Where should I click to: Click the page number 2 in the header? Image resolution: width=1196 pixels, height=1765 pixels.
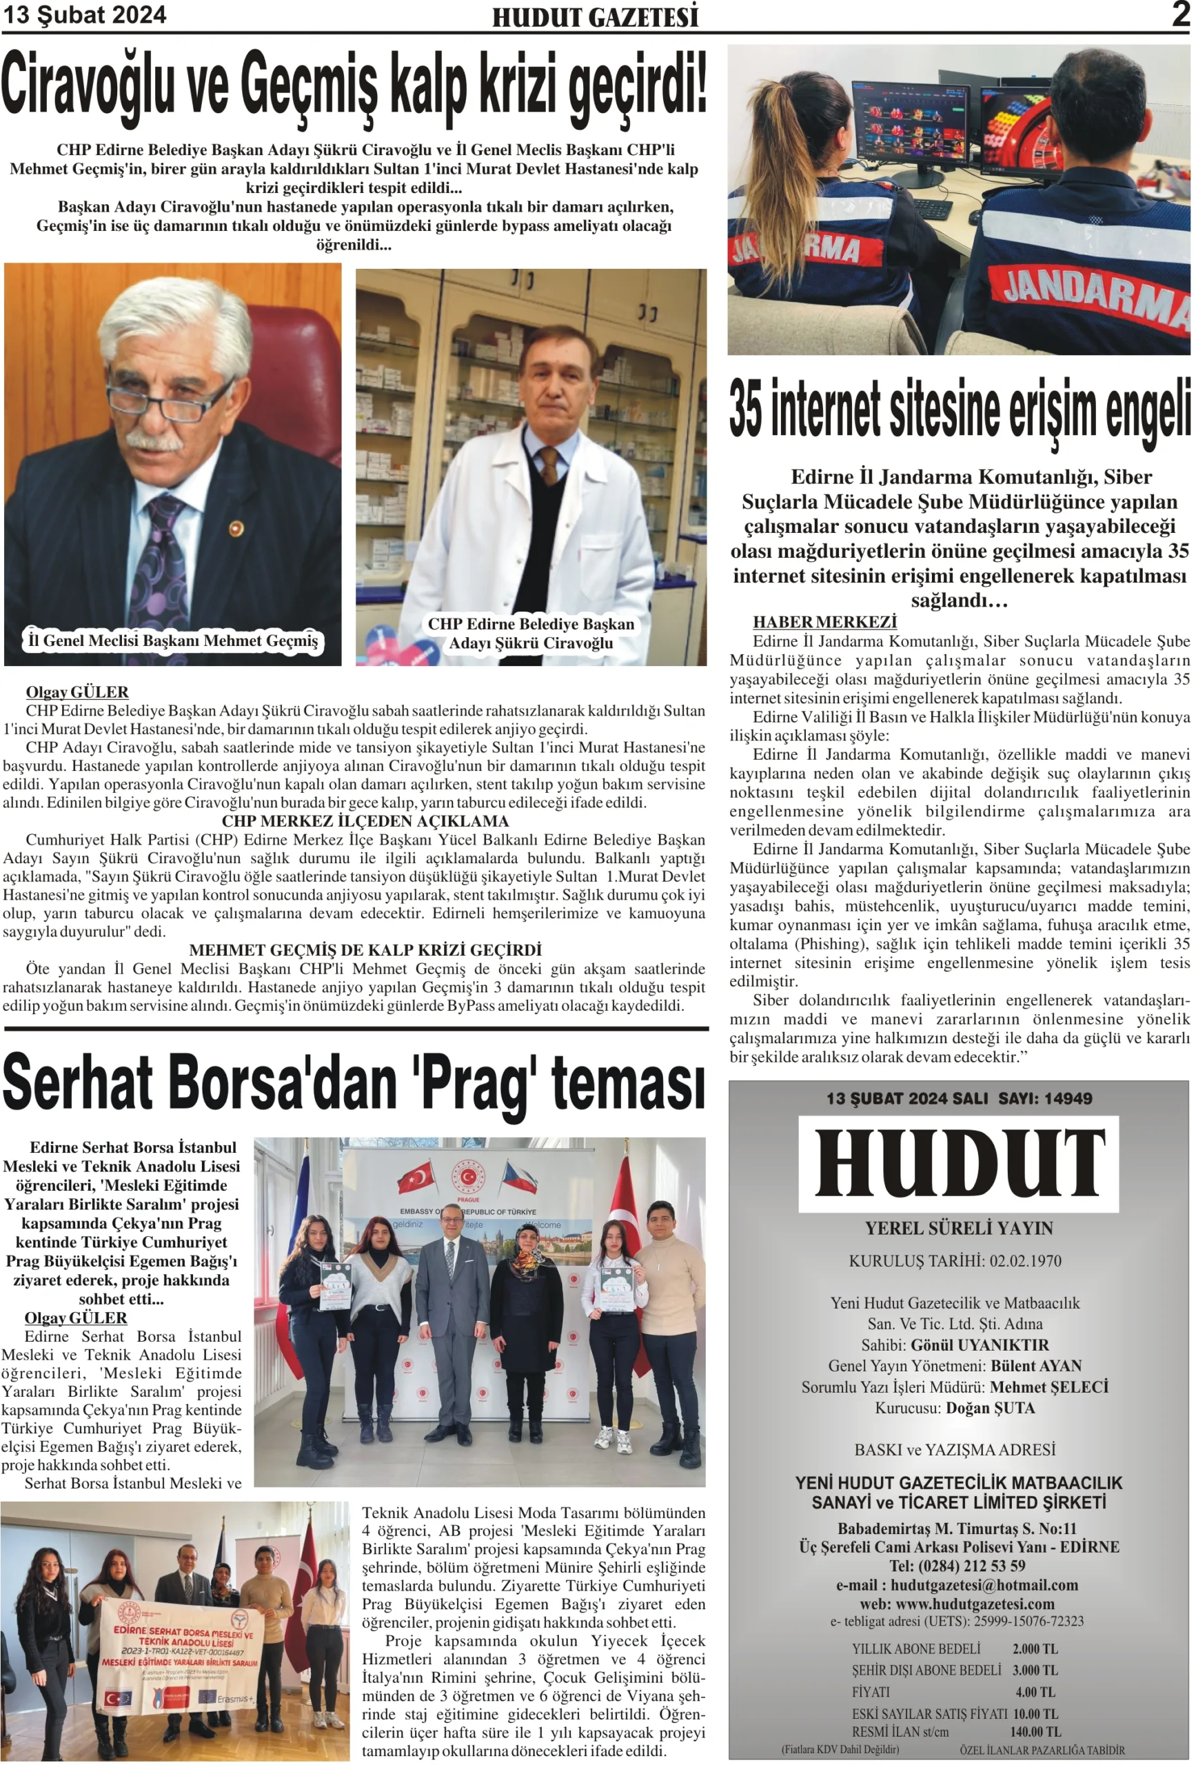[1179, 14]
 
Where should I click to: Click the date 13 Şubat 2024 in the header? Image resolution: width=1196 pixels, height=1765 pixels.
[84, 15]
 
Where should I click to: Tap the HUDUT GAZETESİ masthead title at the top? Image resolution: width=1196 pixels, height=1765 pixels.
[596, 17]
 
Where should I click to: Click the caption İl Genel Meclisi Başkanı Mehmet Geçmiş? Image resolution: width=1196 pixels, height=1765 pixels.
[173, 641]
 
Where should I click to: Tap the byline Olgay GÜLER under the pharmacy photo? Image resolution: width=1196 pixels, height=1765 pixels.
[77, 692]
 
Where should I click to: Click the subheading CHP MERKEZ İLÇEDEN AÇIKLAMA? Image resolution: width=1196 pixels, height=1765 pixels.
[365, 821]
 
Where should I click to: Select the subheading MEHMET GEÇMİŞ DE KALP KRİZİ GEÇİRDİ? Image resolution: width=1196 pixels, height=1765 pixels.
[365, 950]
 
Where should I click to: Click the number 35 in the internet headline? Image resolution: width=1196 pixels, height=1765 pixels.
[747, 410]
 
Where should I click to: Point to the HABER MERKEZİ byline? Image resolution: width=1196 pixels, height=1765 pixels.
[824, 622]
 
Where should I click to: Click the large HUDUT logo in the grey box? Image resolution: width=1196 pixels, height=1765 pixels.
[959, 1164]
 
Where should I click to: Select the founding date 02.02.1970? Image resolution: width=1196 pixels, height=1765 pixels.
[1024, 1261]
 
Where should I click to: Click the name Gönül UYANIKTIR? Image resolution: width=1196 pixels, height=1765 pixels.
[980, 1345]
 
